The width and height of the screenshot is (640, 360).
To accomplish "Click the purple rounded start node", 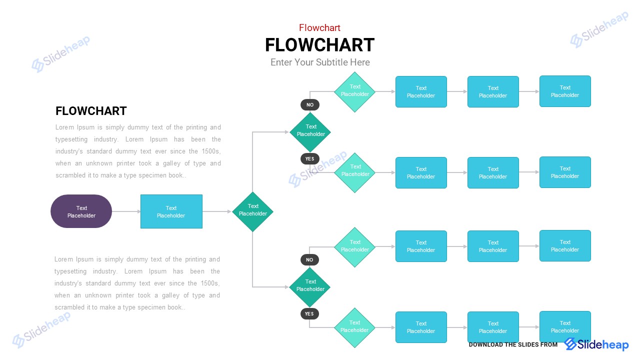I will (x=81, y=211).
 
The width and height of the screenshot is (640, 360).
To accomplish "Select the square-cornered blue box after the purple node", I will (x=171, y=211).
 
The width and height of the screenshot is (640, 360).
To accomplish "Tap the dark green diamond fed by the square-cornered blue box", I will (x=252, y=211).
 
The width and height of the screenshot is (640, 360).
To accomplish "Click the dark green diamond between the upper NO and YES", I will (x=310, y=132).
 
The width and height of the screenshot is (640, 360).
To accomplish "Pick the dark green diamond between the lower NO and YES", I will (x=310, y=287).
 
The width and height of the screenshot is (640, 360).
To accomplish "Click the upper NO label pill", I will (x=310, y=105).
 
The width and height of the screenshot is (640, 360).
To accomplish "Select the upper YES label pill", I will (x=309, y=158).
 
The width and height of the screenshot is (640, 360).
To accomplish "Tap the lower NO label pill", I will (x=309, y=260).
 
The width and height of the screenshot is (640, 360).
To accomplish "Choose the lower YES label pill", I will (x=309, y=314).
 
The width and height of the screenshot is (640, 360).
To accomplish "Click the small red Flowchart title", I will (x=319, y=28).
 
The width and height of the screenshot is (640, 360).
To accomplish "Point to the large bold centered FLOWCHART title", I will (x=319, y=45).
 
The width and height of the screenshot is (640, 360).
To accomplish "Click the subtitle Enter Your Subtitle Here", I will (x=320, y=62).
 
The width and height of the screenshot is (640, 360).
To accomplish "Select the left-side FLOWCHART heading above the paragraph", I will (x=91, y=111).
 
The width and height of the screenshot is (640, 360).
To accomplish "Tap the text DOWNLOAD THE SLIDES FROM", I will (x=512, y=344).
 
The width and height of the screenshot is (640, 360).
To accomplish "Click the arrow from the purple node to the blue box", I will (x=126, y=211).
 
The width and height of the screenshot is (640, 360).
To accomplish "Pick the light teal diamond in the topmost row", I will (x=354, y=92).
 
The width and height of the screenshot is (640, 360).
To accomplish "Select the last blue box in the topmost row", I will (x=565, y=91).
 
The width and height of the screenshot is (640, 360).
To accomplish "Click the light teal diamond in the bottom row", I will (x=354, y=327).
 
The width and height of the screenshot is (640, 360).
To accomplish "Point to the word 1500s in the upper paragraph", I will (x=210, y=151).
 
